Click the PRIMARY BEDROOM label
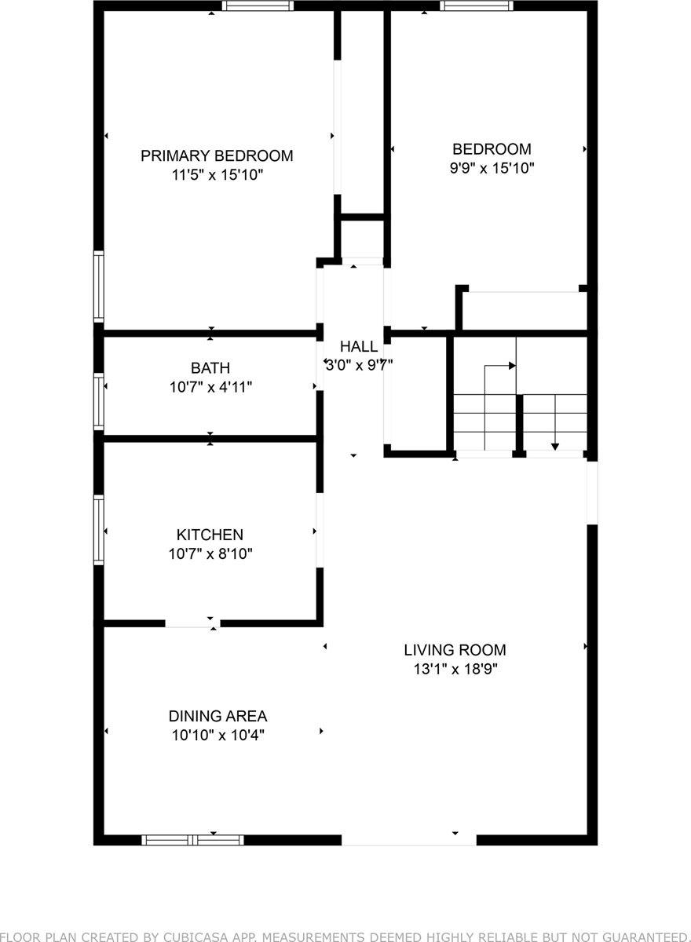click(217, 155)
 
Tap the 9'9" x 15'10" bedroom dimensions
click(492, 168)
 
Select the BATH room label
click(210, 367)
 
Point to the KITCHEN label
click(210, 535)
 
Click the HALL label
click(358, 346)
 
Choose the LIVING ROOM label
click(455, 650)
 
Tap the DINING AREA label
click(218, 716)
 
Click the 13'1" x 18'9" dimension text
click(455, 670)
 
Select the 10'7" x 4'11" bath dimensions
click(210, 386)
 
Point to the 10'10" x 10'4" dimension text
click(218, 736)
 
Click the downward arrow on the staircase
click(555, 446)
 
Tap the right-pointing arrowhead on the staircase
click(512, 365)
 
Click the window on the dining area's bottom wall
click(192, 839)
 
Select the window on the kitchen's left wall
click(99, 529)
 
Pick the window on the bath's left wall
click(99, 401)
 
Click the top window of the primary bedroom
click(258, 5)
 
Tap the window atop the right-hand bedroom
click(476, 5)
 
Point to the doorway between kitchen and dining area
click(192, 623)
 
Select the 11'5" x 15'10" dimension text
click(217, 175)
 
